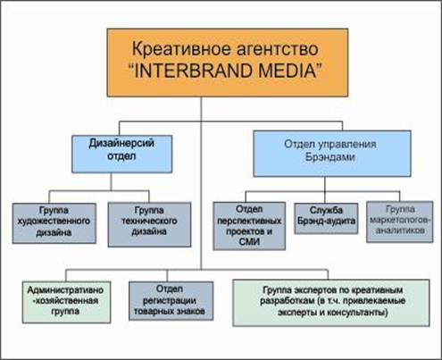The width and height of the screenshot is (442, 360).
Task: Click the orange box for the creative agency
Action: [x=228, y=63]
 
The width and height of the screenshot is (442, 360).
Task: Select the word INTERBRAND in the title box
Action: [x=194, y=71]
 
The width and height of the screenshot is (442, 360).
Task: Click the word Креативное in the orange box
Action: [x=177, y=49]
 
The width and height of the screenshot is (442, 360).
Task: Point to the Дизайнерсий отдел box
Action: [x=122, y=154]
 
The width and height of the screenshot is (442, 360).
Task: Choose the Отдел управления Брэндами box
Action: [x=332, y=154]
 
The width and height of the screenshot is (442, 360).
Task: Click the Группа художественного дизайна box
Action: [x=54, y=223]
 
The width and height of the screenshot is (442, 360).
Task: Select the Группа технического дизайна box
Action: [x=149, y=224]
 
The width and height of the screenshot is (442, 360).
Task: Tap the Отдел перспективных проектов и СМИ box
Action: [x=249, y=226]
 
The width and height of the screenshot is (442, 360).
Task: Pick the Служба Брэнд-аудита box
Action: [x=326, y=219]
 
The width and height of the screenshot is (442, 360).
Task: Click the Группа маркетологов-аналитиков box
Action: [x=400, y=222]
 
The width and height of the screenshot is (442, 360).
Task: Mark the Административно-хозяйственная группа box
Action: [x=66, y=302]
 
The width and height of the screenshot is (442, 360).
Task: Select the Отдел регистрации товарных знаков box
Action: [x=171, y=301]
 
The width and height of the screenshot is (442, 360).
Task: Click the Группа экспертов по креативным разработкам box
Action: [x=331, y=303]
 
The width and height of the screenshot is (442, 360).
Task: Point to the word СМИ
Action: [x=249, y=242]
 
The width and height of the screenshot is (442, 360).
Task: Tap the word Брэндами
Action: [x=330, y=157]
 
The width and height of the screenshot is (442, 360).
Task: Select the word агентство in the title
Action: [x=272, y=49]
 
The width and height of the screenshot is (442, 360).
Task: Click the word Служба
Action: [x=326, y=210]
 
